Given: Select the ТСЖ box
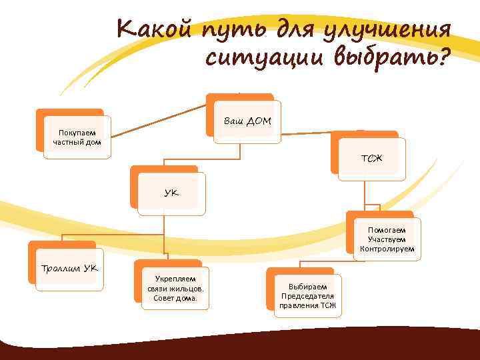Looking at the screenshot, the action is (371, 159).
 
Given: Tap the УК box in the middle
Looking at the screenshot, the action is (172, 193).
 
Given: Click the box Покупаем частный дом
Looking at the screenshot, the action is (77, 137).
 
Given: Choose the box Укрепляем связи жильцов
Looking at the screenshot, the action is (175, 288).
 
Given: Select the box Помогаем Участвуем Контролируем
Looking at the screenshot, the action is (387, 239).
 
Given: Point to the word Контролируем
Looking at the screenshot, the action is (387, 249).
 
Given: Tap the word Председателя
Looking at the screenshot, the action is (307, 296).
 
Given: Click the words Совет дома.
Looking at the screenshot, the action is (175, 298).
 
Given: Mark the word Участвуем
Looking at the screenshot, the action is (387, 239).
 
